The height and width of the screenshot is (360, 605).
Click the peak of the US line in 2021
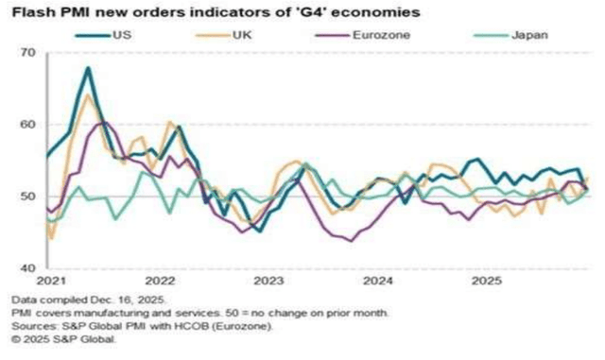(x=88, y=68)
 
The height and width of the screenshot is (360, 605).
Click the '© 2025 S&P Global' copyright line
(x=64, y=338)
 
